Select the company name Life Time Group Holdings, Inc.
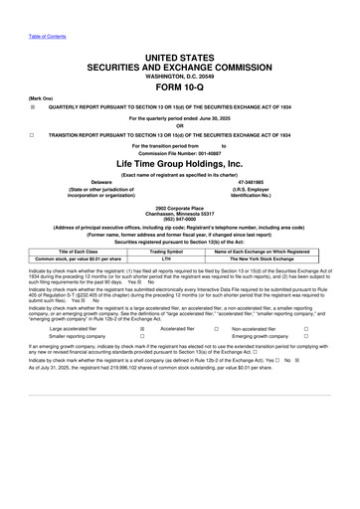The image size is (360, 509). click(180, 162)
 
